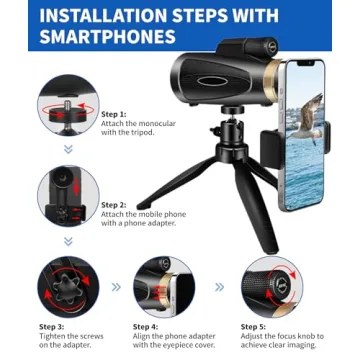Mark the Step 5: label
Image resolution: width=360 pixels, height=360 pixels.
pyautogui.click(x=254, y=327)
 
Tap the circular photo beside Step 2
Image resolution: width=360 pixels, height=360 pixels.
pyautogui.click(x=68, y=196)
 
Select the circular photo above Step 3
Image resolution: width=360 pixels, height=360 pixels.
pyautogui.click(x=68, y=287)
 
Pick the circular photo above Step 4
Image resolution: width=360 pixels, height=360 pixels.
pyautogui.click(x=164, y=287)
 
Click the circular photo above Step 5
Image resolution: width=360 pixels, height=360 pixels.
pyautogui.click(x=272, y=287)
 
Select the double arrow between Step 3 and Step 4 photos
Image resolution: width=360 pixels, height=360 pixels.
pyautogui.click(x=116, y=287)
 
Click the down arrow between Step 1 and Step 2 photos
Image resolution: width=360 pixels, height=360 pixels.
pyautogui.click(x=68, y=150)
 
